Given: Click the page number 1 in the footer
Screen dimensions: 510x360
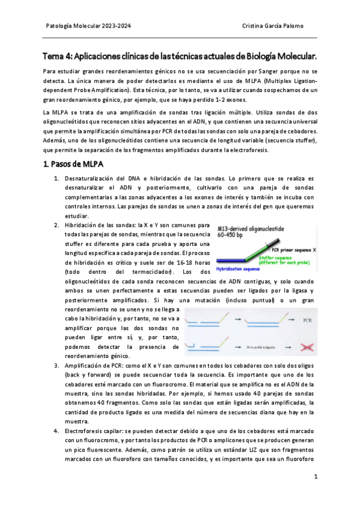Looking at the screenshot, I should (x=316, y=476).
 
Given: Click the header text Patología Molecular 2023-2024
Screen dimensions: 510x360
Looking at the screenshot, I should (x=88, y=26).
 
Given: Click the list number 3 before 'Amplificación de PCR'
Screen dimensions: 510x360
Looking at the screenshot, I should (x=56, y=365).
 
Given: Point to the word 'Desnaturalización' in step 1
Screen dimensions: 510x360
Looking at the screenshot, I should (x=89, y=179).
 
